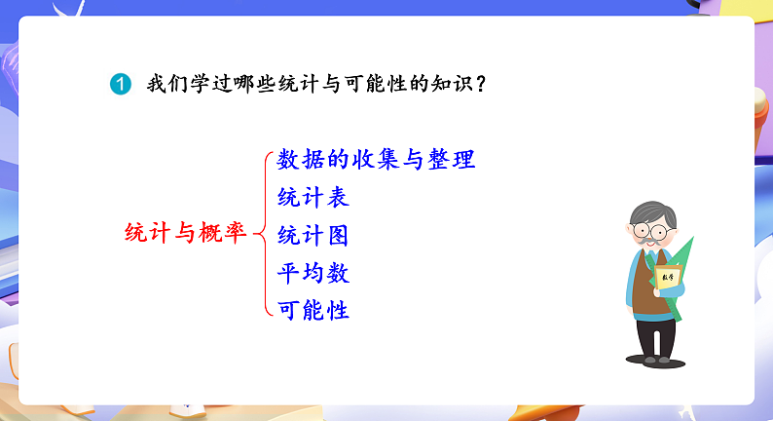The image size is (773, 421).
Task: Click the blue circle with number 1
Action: point(119,85)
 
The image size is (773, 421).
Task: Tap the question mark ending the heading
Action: point(482,85)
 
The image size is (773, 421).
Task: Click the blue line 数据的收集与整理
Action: point(376,159)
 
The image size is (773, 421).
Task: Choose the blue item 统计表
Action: point(313,197)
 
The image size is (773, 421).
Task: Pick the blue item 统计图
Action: point(313,235)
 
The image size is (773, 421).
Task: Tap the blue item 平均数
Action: point(313,273)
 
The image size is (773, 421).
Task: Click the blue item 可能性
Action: point(313,311)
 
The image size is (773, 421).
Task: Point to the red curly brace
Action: point(260,234)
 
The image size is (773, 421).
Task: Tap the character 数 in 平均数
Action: point(338,273)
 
